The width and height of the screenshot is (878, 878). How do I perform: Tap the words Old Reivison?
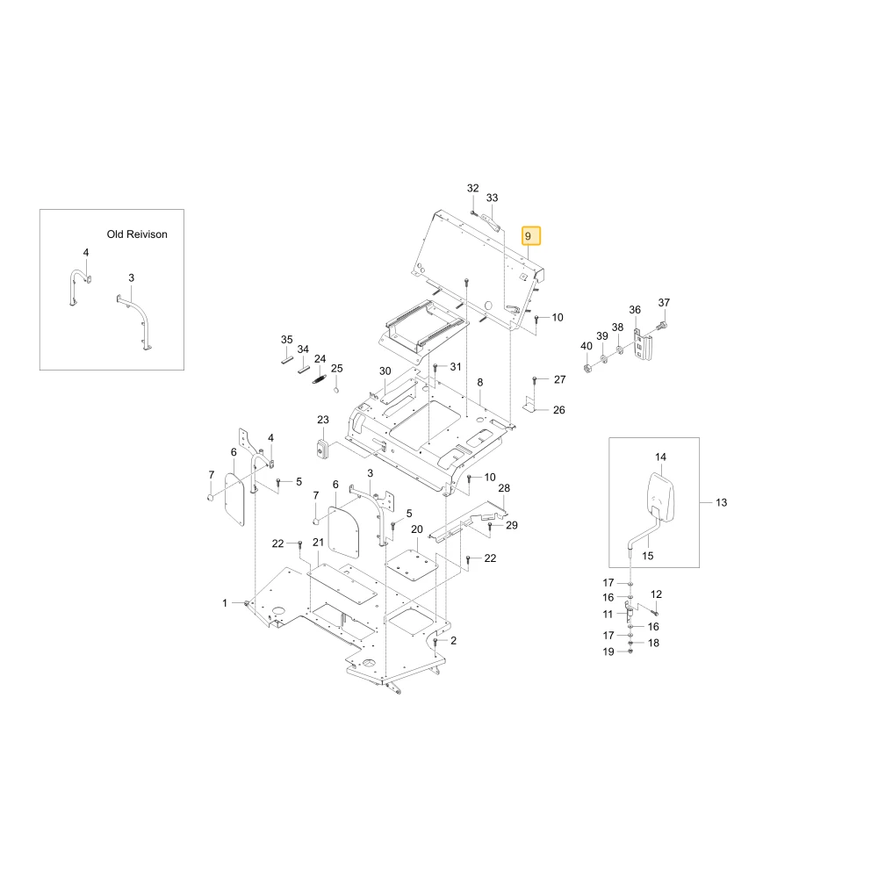tap(137, 234)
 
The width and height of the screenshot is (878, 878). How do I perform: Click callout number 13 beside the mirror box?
tap(721, 503)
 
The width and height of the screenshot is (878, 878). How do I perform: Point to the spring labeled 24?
tap(320, 378)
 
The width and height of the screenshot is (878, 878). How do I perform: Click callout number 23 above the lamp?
tap(323, 420)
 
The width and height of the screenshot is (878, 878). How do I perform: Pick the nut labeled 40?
tap(587, 369)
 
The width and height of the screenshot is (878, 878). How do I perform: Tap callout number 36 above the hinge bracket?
tap(635, 310)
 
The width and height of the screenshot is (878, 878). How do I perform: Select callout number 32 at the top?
tap(473, 188)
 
